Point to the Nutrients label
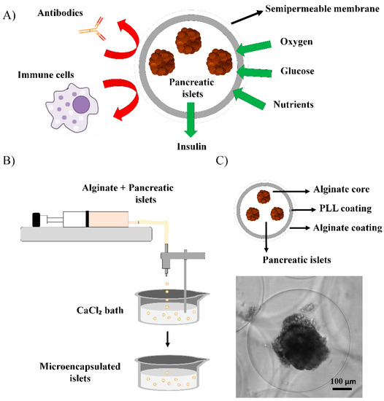click(x=296, y=105)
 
